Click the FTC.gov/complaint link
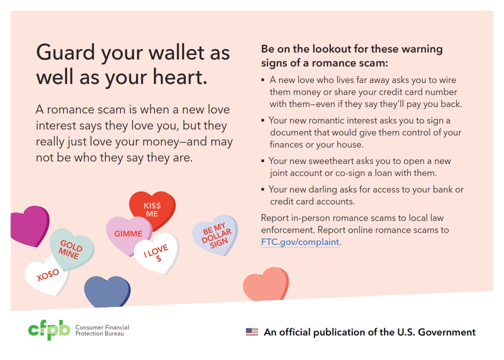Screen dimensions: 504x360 [x=300, y=241]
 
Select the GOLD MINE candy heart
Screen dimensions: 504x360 [x=72, y=249]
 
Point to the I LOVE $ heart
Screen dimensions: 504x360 [x=157, y=252]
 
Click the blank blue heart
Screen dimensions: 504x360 [x=107, y=291]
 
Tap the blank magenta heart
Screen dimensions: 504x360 [x=29, y=226]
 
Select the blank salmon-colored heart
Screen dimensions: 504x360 [x=266, y=284]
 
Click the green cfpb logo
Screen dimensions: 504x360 [x=49, y=330]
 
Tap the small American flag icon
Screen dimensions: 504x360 [x=252, y=331]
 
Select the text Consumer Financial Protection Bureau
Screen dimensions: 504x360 [x=102, y=330]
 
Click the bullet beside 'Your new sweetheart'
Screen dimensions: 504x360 [x=262, y=160]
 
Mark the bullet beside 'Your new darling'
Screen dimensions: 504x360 [x=262, y=189]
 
